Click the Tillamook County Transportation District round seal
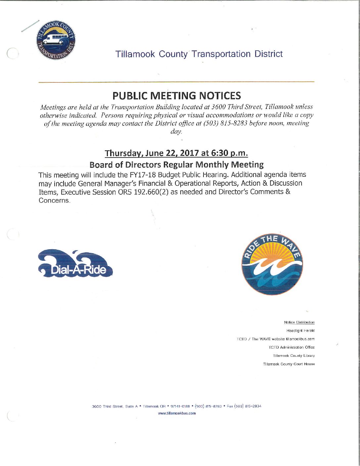tap(56, 41)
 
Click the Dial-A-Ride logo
tap(76, 264)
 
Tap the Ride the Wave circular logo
tap(272, 264)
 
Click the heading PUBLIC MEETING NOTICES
tap(177, 96)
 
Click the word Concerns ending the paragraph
tap(54, 201)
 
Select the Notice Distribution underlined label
tap(299, 322)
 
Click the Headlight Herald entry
tap(300, 331)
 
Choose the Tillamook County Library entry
tap(294, 356)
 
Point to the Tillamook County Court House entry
tap(289, 364)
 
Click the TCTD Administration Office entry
tap(292, 348)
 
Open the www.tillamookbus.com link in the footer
tap(177, 413)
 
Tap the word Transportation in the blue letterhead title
tap(221, 54)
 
